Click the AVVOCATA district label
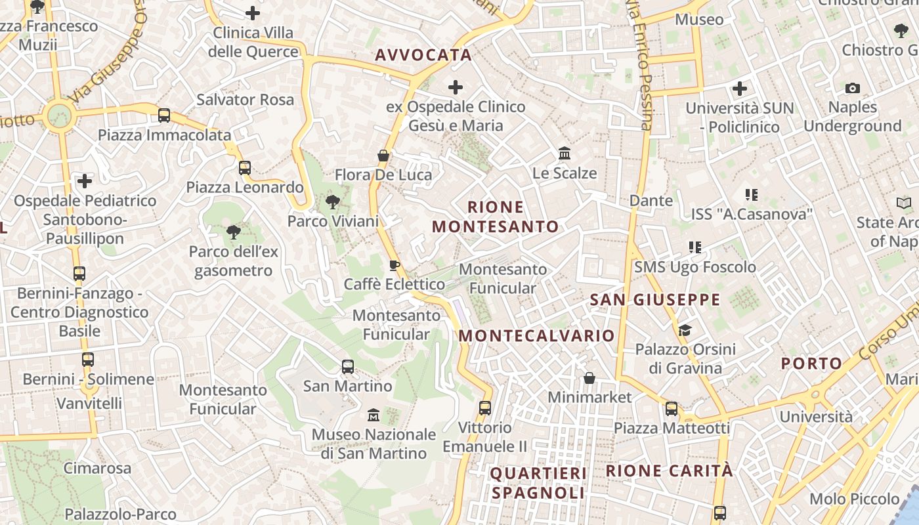coord(423,55)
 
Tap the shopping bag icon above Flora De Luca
coord(383,156)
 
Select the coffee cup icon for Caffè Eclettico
coord(394,265)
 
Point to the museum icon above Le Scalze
coord(564,154)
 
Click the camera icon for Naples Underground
coord(852,88)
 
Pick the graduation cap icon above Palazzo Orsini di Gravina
coord(685,330)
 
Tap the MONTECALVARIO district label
coord(536,336)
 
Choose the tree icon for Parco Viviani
coord(333,201)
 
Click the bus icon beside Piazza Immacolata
coord(164,115)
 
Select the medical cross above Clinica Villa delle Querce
coord(253,13)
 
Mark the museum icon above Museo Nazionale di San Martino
coord(374,415)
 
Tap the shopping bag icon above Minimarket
coord(589,378)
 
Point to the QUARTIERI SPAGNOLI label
coord(538,483)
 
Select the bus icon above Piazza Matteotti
coord(672,409)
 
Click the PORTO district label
coord(811,364)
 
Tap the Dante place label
coord(651,201)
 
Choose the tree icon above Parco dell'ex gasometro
coord(233,232)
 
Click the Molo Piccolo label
coord(854,499)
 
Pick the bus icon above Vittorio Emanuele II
coord(485,408)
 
